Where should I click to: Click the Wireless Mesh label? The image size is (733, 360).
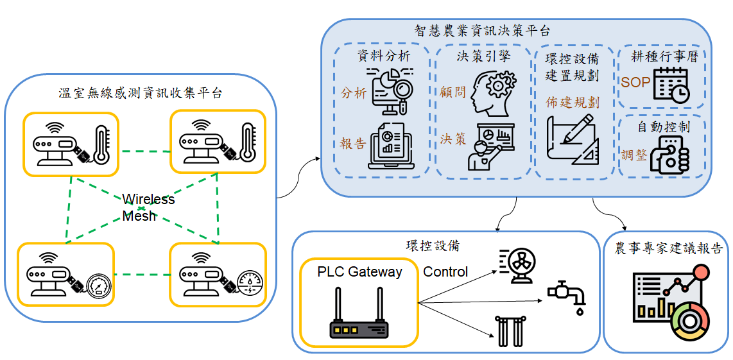(x=148, y=207)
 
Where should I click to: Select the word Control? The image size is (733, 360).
(x=445, y=272)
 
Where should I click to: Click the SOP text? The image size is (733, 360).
(x=635, y=82)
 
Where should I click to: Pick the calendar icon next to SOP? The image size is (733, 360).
(x=671, y=84)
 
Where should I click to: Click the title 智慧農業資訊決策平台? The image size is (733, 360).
(x=482, y=31)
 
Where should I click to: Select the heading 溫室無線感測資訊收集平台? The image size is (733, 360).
(x=140, y=94)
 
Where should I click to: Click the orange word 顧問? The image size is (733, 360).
(x=453, y=93)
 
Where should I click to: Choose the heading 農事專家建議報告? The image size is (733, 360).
(x=668, y=248)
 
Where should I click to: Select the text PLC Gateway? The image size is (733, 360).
(x=359, y=272)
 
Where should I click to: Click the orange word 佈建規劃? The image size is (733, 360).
(x=573, y=103)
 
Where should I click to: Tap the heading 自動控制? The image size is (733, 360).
(x=663, y=127)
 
